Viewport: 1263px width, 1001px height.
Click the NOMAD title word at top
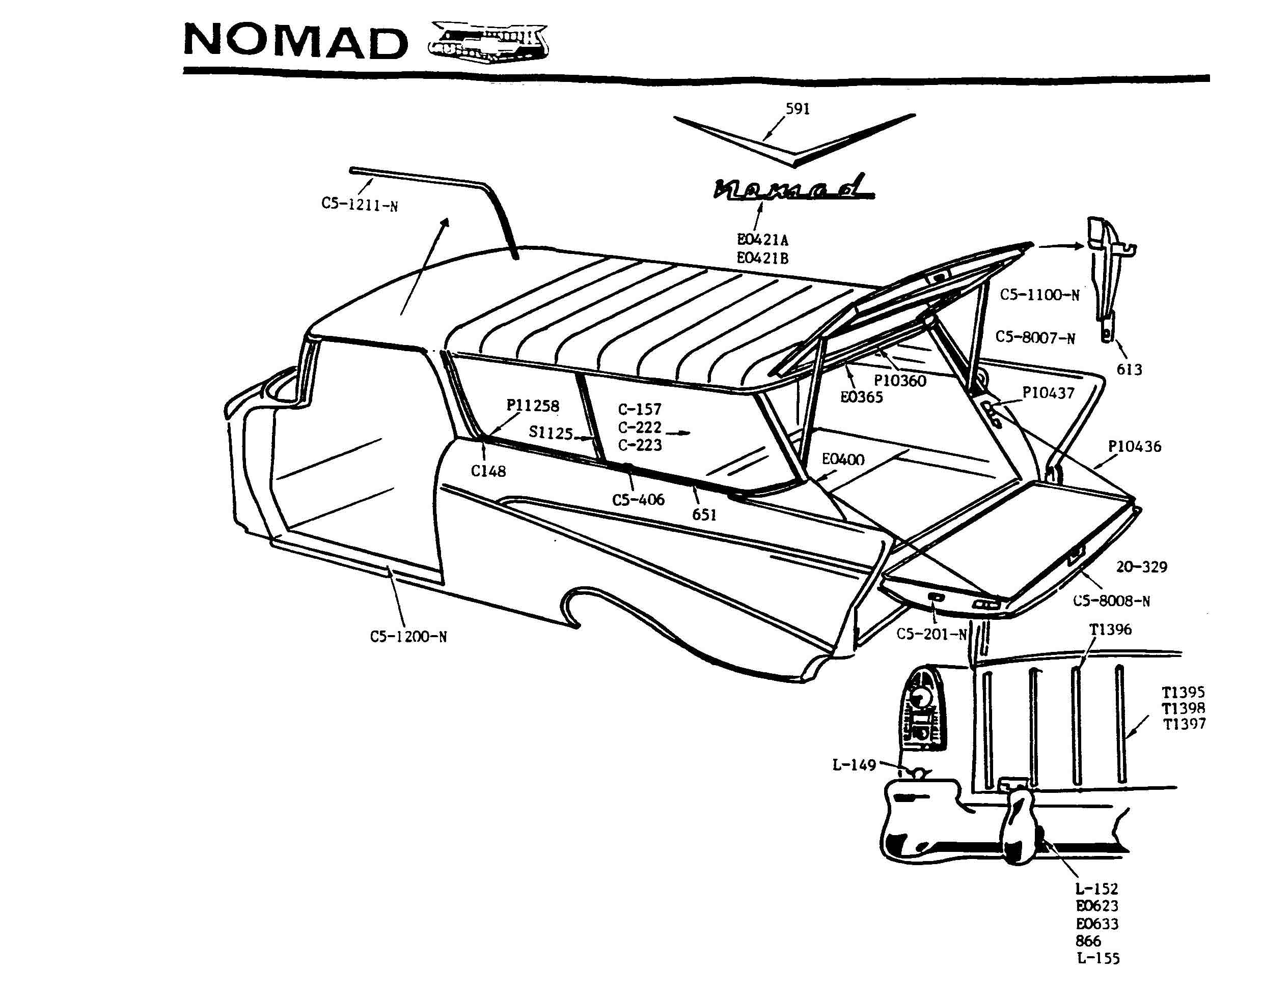tap(296, 41)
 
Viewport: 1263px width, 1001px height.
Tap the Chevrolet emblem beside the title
tap(488, 42)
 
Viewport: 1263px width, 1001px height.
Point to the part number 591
tap(798, 109)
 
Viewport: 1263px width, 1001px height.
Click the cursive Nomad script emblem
tap(794, 187)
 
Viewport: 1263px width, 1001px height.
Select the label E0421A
tap(762, 239)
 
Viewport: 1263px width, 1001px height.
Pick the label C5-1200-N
tap(408, 636)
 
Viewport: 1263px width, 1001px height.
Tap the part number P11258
tap(533, 406)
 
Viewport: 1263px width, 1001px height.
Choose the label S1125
tap(551, 433)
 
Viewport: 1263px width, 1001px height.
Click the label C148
tap(488, 471)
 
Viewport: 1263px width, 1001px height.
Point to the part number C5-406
tap(638, 499)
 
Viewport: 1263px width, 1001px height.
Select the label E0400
tap(843, 459)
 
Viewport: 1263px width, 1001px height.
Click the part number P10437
tap(1048, 393)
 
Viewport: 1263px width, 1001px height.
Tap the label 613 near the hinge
tap(1129, 369)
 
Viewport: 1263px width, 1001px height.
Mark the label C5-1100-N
tap(1039, 295)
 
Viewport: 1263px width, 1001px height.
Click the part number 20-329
tap(1141, 566)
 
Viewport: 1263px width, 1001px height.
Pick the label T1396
tap(1110, 630)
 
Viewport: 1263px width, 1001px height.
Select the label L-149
tap(854, 764)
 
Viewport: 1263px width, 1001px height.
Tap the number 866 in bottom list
tap(1088, 941)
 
